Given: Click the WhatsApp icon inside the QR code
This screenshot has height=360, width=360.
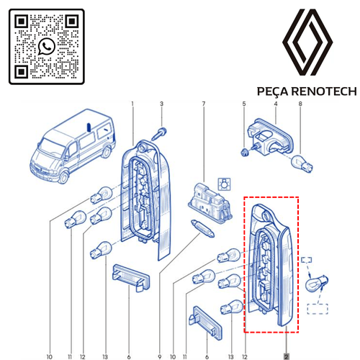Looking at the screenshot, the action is pos(47,46).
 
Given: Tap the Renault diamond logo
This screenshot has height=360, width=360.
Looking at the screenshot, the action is pos(307,42).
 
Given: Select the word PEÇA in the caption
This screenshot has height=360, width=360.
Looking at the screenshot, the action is pos(273,92).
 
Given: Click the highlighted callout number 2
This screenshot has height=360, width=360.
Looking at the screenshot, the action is pos(286,356).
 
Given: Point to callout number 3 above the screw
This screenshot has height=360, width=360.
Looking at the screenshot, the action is pos(161,104).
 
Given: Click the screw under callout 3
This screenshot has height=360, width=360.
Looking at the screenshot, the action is pos(160,135).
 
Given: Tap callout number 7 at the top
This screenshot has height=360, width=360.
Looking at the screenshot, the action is pos(204,104).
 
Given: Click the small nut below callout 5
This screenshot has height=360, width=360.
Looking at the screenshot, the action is pos(244,152).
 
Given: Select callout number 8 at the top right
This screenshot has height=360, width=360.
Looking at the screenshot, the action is pos(300,104).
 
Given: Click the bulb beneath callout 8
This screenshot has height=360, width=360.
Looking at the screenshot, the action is pos(302,163).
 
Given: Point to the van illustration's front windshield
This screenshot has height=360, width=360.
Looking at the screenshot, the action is pos(50,147).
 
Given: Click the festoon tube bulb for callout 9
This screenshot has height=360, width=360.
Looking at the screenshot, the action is pos(202,228).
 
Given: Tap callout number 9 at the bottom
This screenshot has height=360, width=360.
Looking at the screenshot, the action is pos(160,356).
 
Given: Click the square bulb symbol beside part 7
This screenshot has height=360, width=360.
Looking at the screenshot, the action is pos(224,184).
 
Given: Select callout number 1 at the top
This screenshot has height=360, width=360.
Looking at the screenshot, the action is pos(132,104).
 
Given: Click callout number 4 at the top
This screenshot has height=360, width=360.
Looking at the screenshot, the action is pos(276,104).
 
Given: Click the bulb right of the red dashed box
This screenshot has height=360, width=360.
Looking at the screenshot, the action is pos(316,284).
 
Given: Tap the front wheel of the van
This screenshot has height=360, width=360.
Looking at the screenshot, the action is pos(64,177).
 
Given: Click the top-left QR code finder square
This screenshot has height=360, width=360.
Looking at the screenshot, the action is pos(22,22).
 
